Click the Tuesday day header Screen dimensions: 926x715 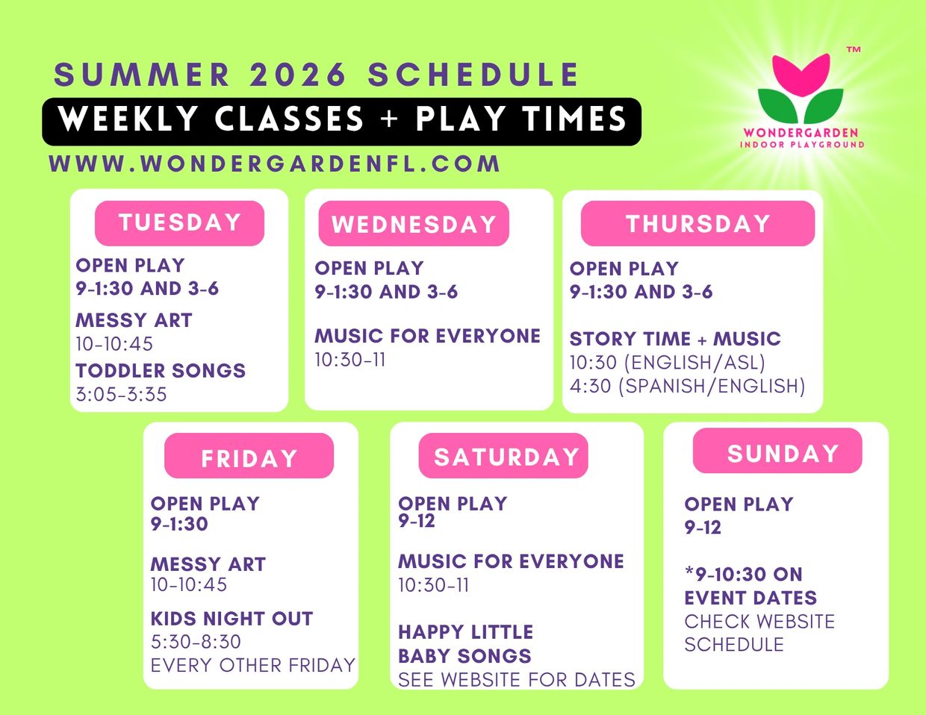click(x=179, y=223)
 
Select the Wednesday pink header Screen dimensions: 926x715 click(x=414, y=224)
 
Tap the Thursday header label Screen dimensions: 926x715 click(x=697, y=224)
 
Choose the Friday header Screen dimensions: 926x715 click(x=249, y=456)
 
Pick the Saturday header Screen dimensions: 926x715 click(x=503, y=456)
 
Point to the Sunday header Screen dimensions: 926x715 click(x=777, y=451)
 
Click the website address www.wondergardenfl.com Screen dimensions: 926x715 click(x=274, y=163)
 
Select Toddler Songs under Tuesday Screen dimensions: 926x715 click(x=161, y=370)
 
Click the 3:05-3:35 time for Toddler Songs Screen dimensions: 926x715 click(x=121, y=394)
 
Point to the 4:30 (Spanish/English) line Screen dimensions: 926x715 click(x=687, y=386)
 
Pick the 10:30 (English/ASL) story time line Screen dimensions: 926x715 click(x=668, y=363)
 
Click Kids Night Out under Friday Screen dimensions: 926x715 click(x=232, y=619)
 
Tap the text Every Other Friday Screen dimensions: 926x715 click(x=252, y=665)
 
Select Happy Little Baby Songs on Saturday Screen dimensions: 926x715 click(x=465, y=644)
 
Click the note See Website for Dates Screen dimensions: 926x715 click(x=517, y=680)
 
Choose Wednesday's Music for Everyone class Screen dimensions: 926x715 click(x=427, y=336)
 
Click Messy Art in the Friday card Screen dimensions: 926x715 click(x=208, y=564)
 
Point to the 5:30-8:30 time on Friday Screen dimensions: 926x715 click(x=196, y=642)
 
